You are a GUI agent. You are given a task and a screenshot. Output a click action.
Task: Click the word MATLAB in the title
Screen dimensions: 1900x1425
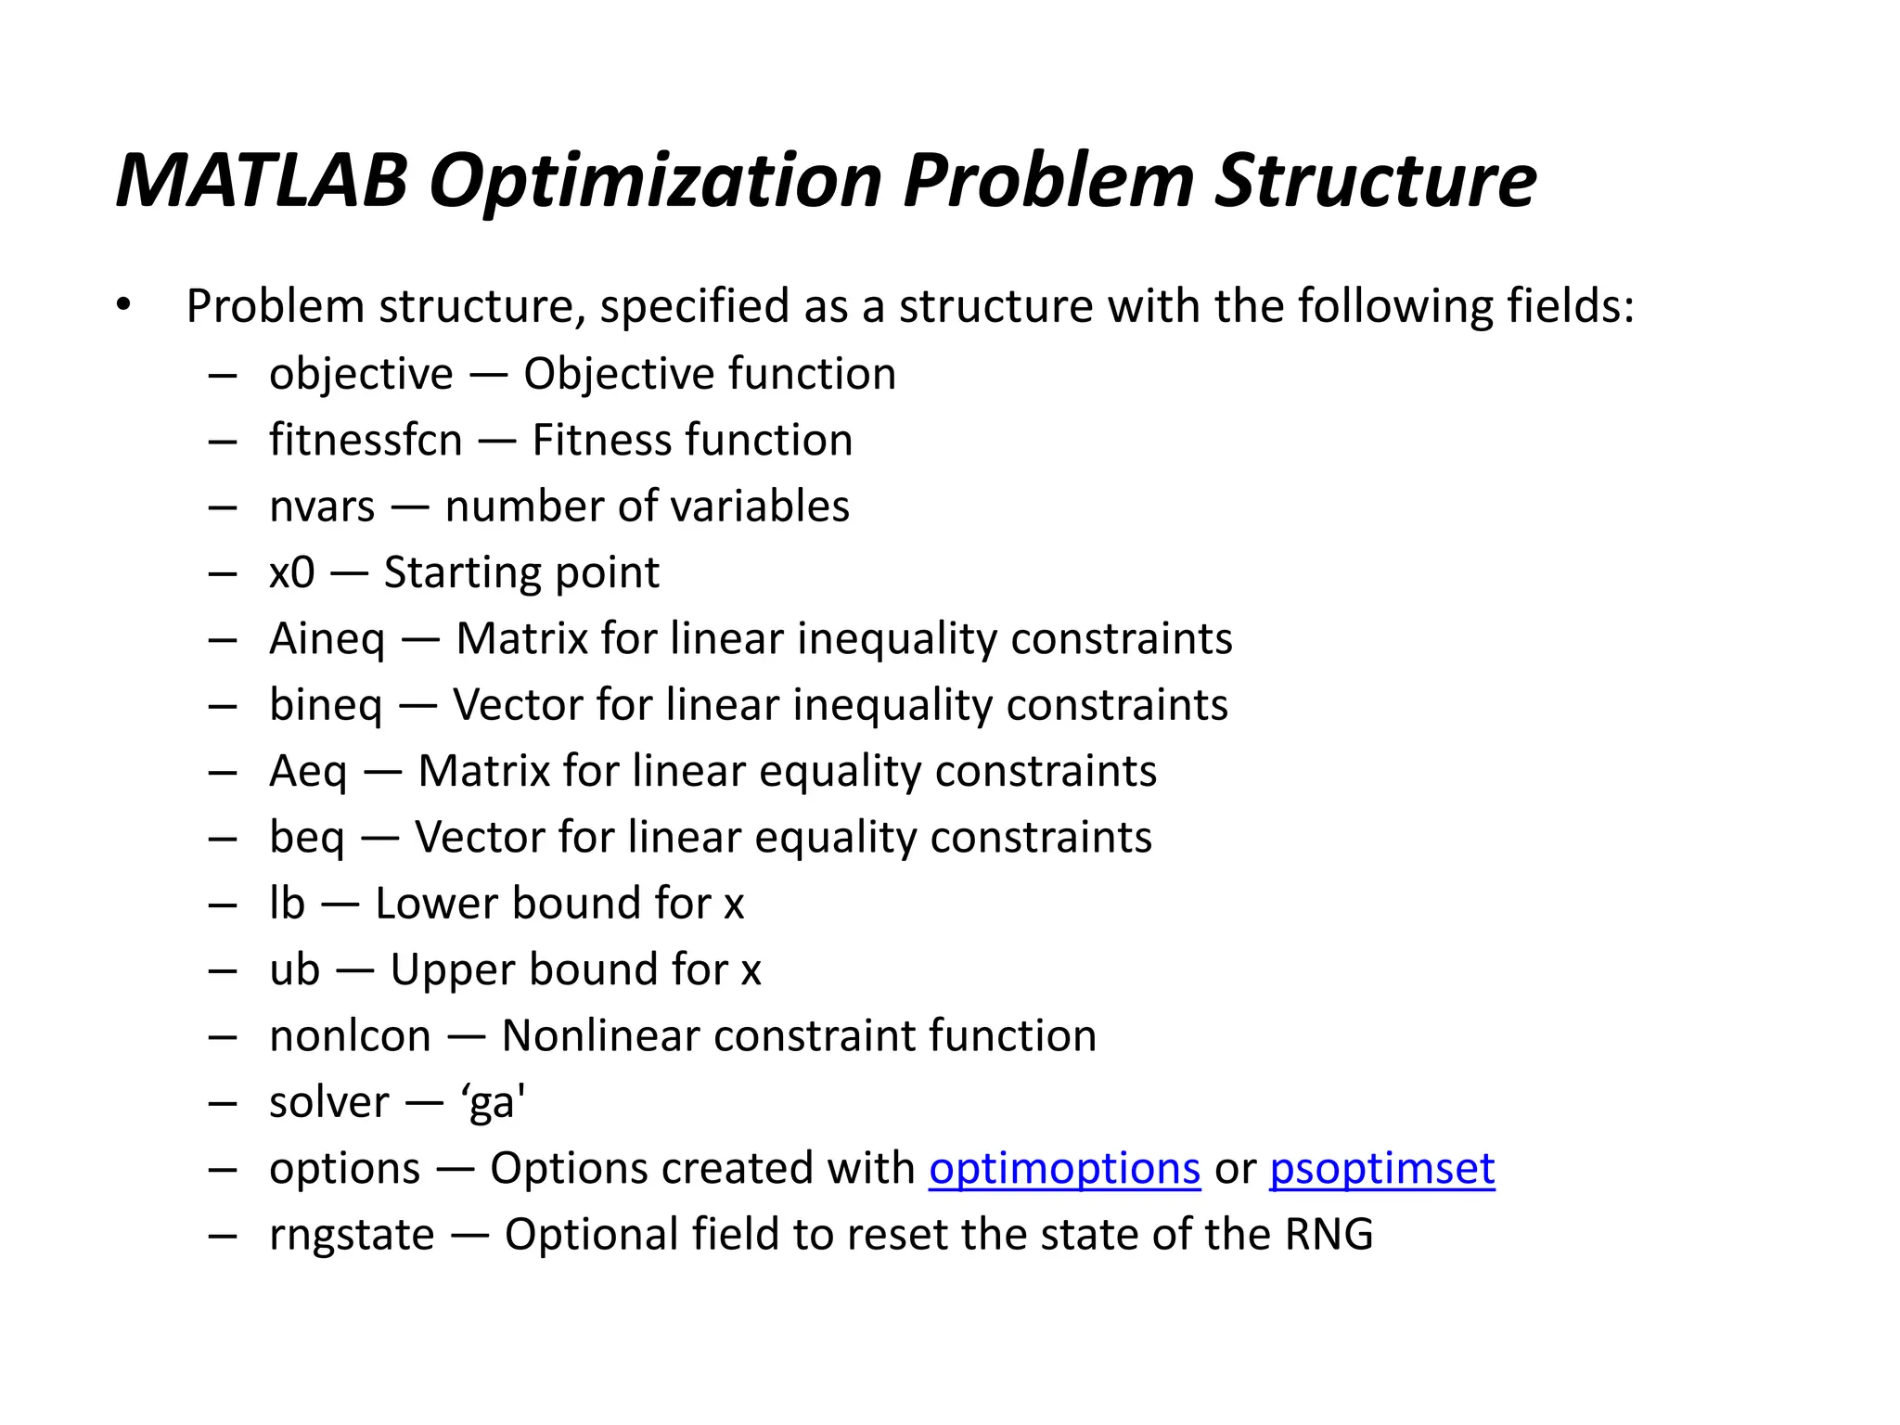coord(263,180)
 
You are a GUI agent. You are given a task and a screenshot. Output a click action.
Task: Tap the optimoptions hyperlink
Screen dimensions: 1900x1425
coord(1064,1168)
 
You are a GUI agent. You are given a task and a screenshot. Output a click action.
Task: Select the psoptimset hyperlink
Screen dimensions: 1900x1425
coord(1381,1168)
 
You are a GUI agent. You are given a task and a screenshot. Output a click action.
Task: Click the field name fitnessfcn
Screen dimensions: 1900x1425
coord(365,440)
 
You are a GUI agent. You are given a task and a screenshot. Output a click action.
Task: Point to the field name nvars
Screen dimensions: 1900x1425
coord(321,507)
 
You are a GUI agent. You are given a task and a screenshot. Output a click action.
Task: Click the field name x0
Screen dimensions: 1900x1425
coord(291,572)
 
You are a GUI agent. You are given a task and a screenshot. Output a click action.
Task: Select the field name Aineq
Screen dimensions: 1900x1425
coord(327,639)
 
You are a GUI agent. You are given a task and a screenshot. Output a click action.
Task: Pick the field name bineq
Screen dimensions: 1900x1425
coord(325,705)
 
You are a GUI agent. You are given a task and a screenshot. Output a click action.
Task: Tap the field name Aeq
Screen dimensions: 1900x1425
coord(308,772)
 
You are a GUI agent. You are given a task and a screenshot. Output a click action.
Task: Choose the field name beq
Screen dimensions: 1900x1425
coord(306,838)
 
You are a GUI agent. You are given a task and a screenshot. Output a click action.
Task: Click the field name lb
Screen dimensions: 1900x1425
coord(287,904)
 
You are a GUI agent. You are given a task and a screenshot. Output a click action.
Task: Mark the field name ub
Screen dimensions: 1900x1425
coord(294,970)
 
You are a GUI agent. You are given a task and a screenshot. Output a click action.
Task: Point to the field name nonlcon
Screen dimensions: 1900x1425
coord(350,1036)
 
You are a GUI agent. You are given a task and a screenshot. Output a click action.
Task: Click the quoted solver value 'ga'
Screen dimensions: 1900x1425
coord(493,1103)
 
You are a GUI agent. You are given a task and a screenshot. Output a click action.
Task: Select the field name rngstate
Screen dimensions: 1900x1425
coord(351,1236)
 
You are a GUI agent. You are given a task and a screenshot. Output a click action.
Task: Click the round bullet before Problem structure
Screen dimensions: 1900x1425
coord(123,304)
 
